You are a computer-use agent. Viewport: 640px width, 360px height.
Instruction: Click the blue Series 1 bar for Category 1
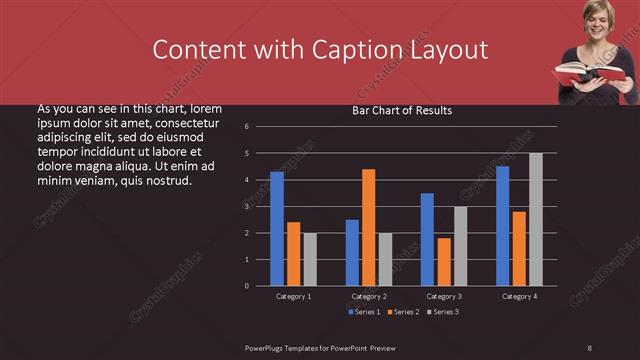277,229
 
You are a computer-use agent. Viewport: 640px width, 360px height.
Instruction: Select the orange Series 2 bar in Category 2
369,227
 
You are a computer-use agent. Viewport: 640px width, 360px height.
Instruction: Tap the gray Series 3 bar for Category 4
536,219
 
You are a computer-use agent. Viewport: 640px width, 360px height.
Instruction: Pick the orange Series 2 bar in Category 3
444,262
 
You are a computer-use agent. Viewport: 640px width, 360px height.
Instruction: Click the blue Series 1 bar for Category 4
502,226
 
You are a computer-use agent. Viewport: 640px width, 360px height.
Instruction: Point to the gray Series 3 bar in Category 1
310,259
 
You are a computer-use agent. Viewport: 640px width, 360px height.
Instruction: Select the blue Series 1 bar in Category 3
427,239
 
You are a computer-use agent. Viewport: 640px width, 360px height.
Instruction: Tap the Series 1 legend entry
364,312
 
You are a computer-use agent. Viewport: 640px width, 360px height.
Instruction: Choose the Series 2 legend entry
403,312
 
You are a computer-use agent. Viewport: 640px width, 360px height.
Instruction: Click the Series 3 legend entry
442,312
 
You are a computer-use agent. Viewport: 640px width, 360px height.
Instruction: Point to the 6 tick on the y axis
260,127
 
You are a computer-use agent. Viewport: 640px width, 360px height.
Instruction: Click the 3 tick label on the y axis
260,206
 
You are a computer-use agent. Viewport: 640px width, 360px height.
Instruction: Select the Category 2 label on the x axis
369,296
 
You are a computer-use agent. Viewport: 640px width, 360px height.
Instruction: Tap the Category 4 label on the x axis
519,296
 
